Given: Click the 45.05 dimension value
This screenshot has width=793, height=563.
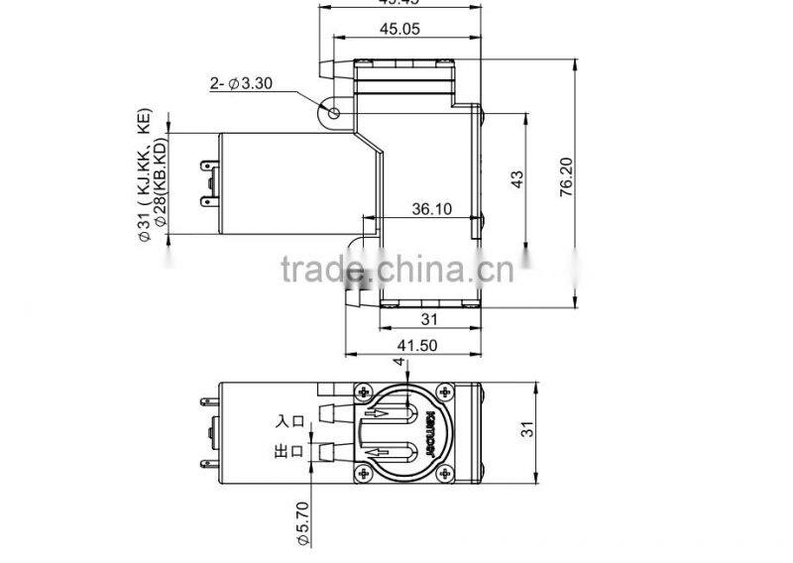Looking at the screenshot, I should [x=400, y=30].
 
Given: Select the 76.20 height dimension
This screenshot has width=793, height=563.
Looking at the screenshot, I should [x=566, y=178].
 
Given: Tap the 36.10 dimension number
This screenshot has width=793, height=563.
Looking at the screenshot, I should [x=431, y=209].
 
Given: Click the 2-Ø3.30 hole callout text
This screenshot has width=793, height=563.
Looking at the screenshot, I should [x=240, y=84].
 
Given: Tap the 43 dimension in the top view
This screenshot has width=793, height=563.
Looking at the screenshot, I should [x=515, y=178].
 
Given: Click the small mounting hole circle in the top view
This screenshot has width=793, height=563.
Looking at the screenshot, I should [x=334, y=113].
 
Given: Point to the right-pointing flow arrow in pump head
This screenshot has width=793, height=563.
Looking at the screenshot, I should [x=385, y=414].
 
